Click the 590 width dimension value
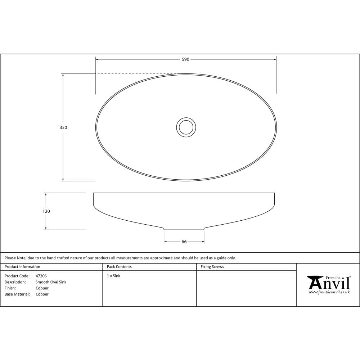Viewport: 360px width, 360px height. coord(185,59)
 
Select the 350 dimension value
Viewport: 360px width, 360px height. coord(63,127)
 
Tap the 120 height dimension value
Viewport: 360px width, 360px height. coord(46,211)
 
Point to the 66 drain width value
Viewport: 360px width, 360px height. coord(184,242)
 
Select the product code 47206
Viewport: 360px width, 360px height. coord(41,276)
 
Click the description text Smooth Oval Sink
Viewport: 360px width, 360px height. coord(51,282)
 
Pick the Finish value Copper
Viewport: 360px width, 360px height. coord(42,288)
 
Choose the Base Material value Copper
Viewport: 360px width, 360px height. coord(42,294)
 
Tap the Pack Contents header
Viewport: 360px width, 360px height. coord(119,266)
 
